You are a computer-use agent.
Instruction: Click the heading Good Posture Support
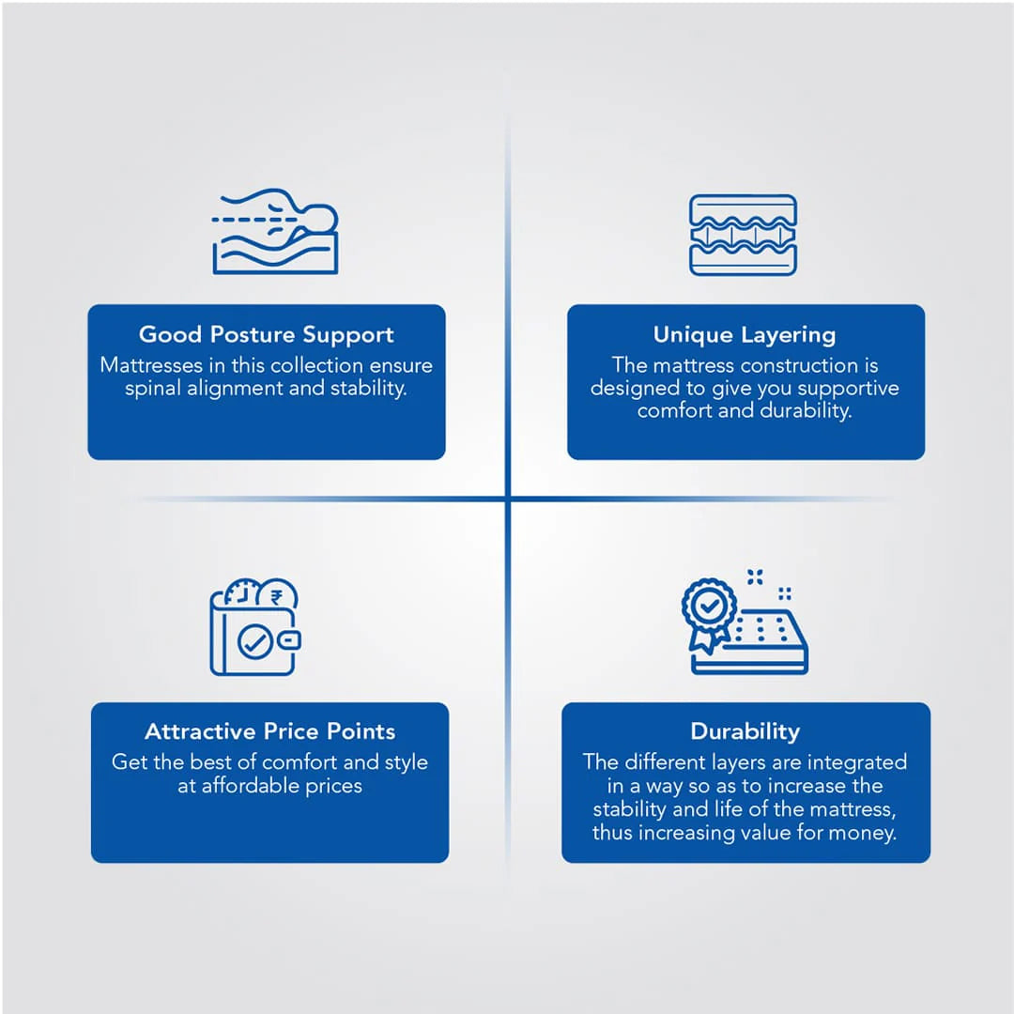point(266,334)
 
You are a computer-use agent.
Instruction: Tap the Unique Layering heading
point(745,334)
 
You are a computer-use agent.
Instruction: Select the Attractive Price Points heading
point(269,730)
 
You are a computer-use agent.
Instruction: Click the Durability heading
point(745,731)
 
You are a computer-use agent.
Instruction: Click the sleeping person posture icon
point(275,232)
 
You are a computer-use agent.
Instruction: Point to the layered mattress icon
point(743,235)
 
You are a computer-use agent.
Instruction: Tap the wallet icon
point(254,626)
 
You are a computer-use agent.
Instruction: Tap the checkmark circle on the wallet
point(254,641)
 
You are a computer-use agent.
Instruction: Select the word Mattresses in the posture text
point(151,365)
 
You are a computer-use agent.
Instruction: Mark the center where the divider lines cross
point(508,499)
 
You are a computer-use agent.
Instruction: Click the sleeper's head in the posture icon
point(321,219)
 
